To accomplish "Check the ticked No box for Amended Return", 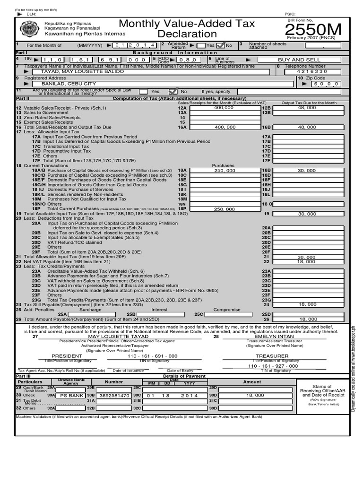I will (221, 45).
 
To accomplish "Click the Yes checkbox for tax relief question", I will (143, 91).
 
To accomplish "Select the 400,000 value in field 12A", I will (224, 108).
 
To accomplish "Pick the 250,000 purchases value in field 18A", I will (224, 170).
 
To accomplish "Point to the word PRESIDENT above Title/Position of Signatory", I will (63, 356).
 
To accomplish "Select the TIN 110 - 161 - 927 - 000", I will (273, 366).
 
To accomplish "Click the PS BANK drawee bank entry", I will (71, 396).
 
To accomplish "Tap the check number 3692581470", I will (114, 396).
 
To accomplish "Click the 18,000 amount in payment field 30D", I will (255, 396).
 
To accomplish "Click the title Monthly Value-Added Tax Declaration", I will (186, 29).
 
